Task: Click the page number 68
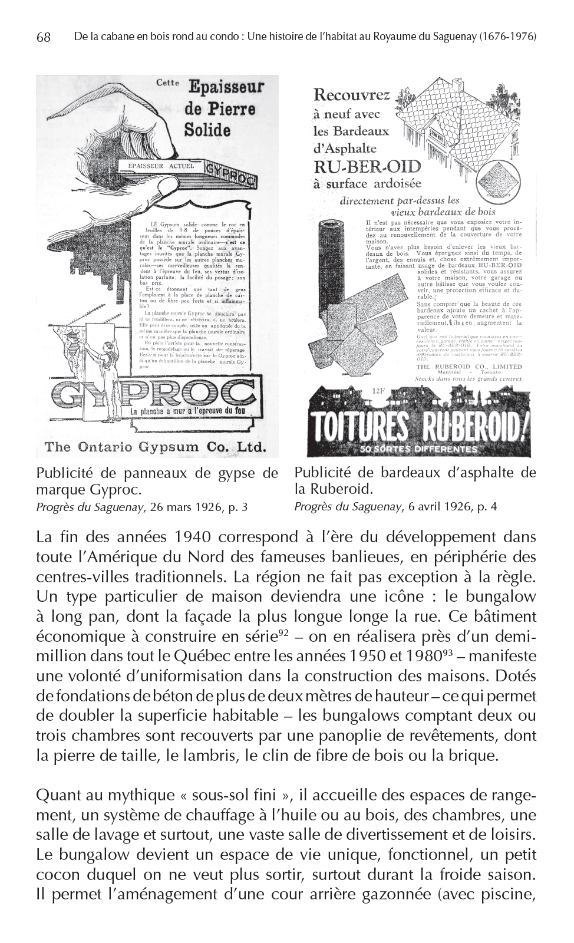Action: click(43, 37)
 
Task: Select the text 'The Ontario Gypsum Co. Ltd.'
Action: click(154, 446)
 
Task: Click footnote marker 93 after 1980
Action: click(450, 654)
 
